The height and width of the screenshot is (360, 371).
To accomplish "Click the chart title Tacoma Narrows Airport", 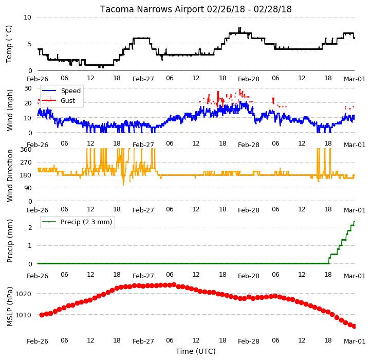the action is click(152, 9).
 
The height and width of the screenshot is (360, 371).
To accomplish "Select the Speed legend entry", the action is click(71, 91).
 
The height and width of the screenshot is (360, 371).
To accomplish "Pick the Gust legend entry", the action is click(68, 100).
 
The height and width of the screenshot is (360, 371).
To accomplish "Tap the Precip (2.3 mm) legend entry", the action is click(86, 222).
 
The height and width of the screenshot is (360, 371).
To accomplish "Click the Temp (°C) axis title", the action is click(9, 44).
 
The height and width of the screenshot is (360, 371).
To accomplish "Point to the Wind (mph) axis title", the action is click(9, 110).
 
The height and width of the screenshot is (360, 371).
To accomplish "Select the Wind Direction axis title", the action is click(9, 175).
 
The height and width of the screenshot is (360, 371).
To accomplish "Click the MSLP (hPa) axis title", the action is click(9, 307).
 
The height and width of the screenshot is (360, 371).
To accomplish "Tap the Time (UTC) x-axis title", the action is click(196, 351).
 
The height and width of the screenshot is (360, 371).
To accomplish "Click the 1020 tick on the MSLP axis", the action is click(23, 294).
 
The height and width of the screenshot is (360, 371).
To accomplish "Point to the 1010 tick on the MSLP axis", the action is click(23, 315).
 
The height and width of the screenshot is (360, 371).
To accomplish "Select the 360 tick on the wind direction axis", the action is click(26, 150).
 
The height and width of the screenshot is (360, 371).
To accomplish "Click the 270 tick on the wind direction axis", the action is click(26, 163).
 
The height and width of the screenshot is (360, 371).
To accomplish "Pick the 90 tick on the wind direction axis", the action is click(28, 188).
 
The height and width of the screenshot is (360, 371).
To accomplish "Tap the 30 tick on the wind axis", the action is click(28, 88).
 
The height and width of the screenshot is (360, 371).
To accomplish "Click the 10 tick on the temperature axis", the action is click(27, 17).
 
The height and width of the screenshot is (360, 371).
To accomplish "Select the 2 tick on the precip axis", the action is click(30, 227).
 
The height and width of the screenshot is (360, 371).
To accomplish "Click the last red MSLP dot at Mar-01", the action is click(354, 327).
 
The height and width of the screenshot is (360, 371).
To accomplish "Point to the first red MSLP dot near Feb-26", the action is click(42, 315).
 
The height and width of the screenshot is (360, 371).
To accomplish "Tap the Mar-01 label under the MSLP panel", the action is click(355, 341).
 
